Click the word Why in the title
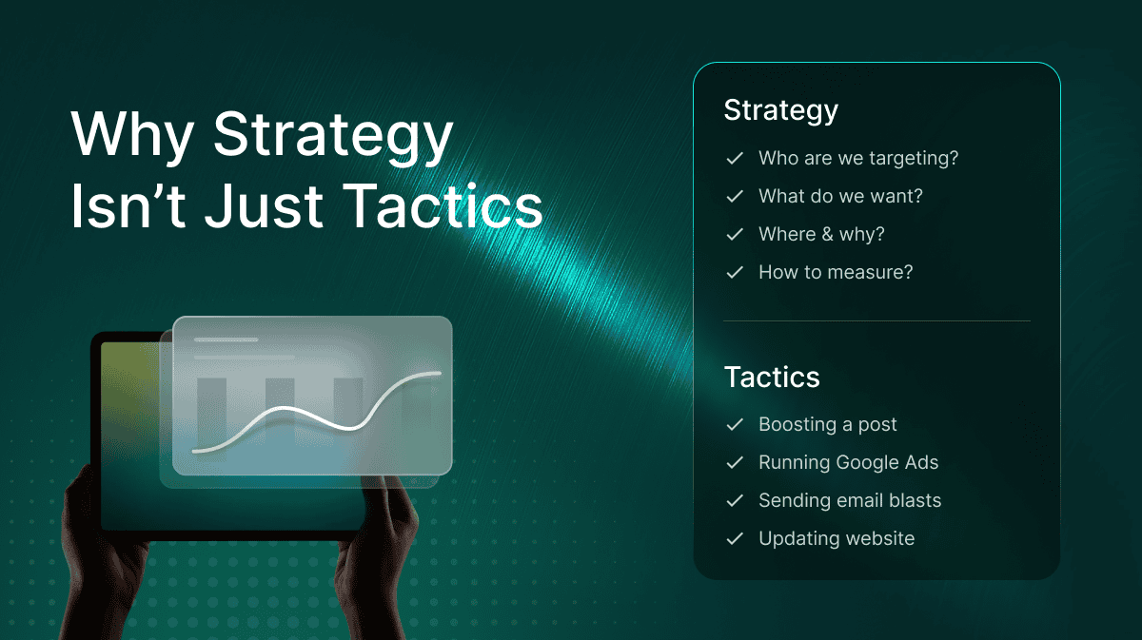(132, 135)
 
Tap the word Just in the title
(264, 205)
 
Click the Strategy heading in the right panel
(780, 111)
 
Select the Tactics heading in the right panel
(772, 378)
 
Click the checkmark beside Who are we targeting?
(735, 159)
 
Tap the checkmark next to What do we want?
(735, 196)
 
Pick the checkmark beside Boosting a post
(735, 424)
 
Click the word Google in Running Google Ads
(867, 463)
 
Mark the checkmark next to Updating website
(735, 538)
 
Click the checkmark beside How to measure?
(735, 273)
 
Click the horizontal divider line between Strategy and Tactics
(876, 321)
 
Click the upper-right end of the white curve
(440, 374)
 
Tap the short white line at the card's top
(226, 339)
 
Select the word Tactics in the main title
(443, 205)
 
